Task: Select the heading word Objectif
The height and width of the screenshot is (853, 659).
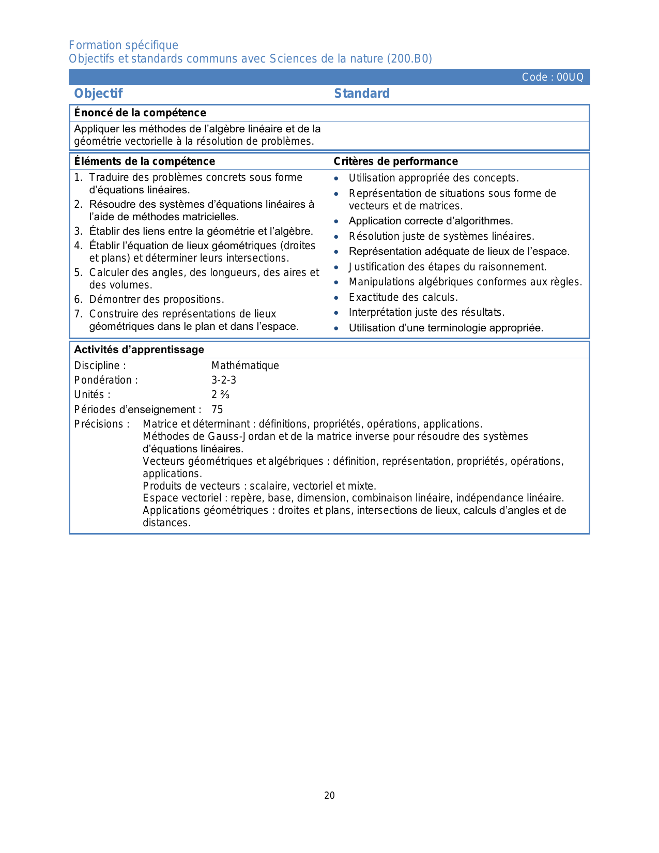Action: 98,94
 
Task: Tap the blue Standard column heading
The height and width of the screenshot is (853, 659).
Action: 362,94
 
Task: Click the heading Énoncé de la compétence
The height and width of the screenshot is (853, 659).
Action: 140,113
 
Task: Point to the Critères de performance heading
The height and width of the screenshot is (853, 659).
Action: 395,161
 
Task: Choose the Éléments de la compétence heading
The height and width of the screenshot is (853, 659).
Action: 144,161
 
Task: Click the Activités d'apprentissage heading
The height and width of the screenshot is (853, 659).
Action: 139,349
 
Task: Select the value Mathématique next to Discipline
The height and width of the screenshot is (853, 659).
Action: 245,365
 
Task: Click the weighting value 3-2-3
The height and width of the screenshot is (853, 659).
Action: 224,380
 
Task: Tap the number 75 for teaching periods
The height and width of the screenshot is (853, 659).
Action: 217,409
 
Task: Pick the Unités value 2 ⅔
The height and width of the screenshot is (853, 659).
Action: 220,394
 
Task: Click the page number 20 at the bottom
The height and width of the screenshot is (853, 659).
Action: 329,796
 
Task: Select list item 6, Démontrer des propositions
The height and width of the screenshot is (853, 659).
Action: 156,299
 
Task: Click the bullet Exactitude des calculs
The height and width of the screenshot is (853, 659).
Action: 403,297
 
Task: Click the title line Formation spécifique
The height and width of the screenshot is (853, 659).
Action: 124,45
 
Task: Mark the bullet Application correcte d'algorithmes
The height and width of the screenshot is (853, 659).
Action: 431,221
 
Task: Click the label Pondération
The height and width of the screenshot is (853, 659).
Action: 106,380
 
